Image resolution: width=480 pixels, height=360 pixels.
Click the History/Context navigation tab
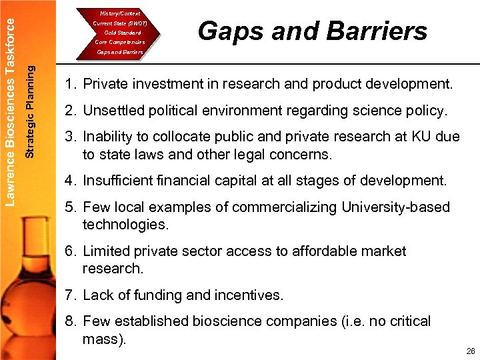[x=120, y=13]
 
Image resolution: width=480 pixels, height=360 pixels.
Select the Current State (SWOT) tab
[x=120, y=23]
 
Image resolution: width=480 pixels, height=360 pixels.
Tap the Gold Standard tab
[x=120, y=33]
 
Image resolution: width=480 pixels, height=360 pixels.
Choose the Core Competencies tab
[x=120, y=42]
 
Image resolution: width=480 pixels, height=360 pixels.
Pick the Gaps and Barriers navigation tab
[x=120, y=52]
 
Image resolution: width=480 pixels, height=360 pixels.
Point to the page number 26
[x=471, y=351]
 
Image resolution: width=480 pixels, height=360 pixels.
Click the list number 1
[x=69, y=85]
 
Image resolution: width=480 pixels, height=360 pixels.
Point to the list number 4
[x=69, y=180]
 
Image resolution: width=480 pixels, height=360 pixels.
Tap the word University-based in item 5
[x=396, y=207]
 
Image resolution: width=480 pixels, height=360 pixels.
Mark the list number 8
[x=69, y=321]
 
